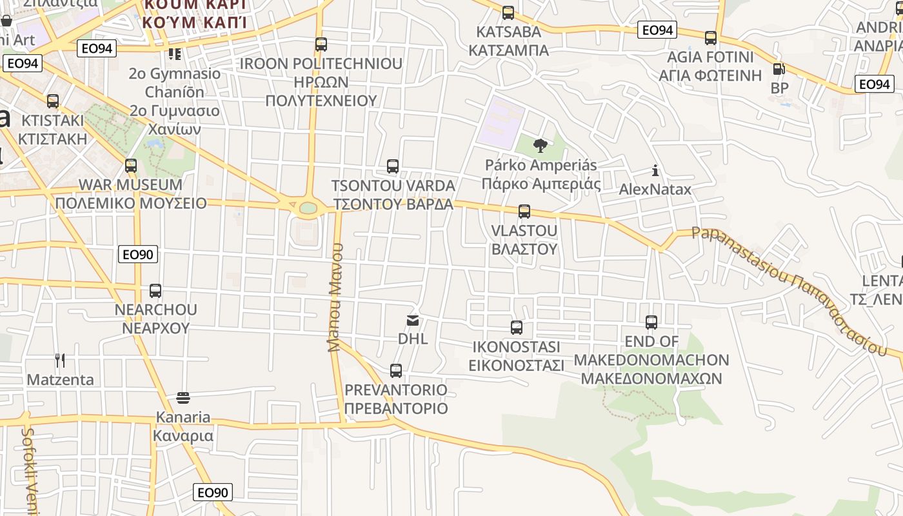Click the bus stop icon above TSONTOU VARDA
393,166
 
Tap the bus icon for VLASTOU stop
524,212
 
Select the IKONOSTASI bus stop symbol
517,328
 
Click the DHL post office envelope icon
413,320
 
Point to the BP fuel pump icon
779,69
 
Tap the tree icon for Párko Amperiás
541,146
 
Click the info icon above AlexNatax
655,171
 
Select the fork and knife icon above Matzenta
60,360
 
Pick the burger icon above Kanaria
183,397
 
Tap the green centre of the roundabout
308,208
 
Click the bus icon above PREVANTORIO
396,371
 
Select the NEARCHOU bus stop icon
155,291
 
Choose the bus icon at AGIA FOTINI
711,38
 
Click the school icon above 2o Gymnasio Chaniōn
174,54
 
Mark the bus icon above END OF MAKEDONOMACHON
651,322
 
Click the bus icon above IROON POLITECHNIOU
321,45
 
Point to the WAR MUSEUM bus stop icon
131,166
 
